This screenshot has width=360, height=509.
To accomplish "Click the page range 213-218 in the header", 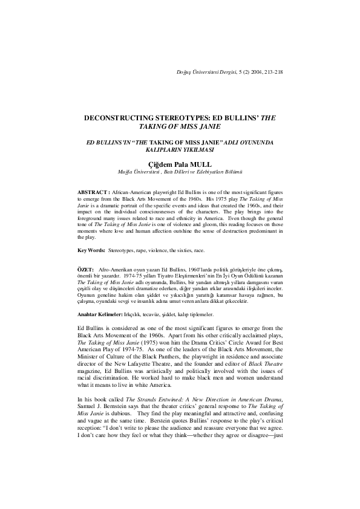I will (x=272, y=72).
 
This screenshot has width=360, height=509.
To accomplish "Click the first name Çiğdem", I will (x=160, y=163).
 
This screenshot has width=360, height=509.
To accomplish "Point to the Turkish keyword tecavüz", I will (x=154, y=315).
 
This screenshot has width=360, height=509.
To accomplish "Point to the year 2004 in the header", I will (x=254, y=72).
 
